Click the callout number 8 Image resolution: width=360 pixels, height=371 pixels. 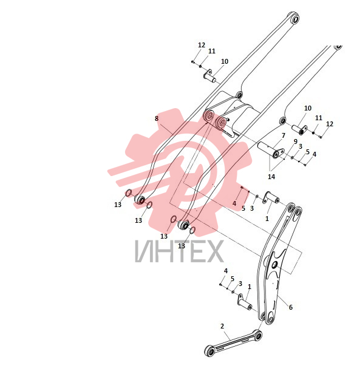tap(157, 118)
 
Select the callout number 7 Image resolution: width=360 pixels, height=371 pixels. tap(284, 135)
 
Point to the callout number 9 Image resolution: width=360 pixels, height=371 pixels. tap(295, 141)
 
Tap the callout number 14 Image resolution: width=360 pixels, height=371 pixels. tap(271, 177)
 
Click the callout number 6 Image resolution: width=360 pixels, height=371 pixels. tap(291, 307)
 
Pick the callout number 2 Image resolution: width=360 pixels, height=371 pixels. tap(222, 326)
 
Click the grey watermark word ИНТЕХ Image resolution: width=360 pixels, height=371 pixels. tap(179, 251)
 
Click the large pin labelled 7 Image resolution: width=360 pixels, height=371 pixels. tap(271, 150)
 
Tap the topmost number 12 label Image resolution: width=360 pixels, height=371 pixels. tap(202, 45)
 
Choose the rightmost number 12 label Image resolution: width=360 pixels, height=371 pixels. tap(330, 124)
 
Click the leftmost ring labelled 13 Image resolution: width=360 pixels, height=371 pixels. tap(128, 193)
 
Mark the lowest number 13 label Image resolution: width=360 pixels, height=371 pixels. tap(182, 246)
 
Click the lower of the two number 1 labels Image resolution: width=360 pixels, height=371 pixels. tap(249, 287)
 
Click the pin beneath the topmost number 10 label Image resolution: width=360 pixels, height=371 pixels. tap(210, 76)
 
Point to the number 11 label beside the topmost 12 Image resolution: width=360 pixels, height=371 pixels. tap(212, 51)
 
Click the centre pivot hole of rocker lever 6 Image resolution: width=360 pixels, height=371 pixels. tap(274, 265)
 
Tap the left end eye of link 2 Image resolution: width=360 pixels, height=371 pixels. tap(209, 350)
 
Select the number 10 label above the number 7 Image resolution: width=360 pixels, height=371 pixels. tap(308, 108)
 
